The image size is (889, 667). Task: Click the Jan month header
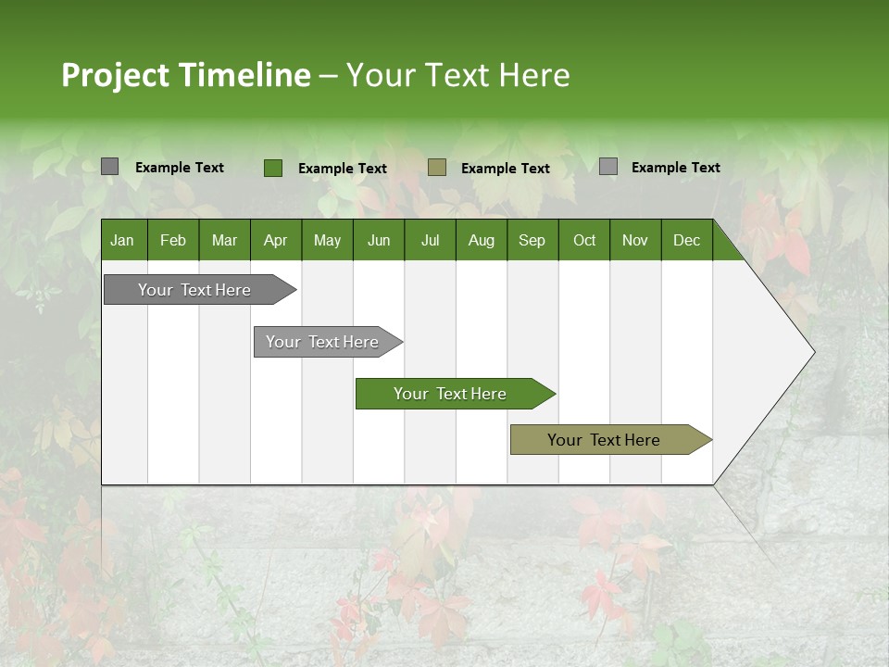122,240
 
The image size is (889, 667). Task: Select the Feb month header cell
173,240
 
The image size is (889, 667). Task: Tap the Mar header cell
224,240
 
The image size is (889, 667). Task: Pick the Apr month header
275,240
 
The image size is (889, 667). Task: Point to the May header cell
327,240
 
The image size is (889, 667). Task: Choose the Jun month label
379,240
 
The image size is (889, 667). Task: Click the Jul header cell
430,240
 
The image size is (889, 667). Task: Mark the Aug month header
482,240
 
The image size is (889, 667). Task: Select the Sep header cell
532,240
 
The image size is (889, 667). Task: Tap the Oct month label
584,240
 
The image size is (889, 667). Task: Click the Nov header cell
635,240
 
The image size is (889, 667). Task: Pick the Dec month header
687,240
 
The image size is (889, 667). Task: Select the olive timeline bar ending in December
605,440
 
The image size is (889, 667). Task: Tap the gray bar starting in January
195,290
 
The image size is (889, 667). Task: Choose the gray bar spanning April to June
323,342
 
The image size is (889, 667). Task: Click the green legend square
272,168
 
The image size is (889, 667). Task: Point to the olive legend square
437,168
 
